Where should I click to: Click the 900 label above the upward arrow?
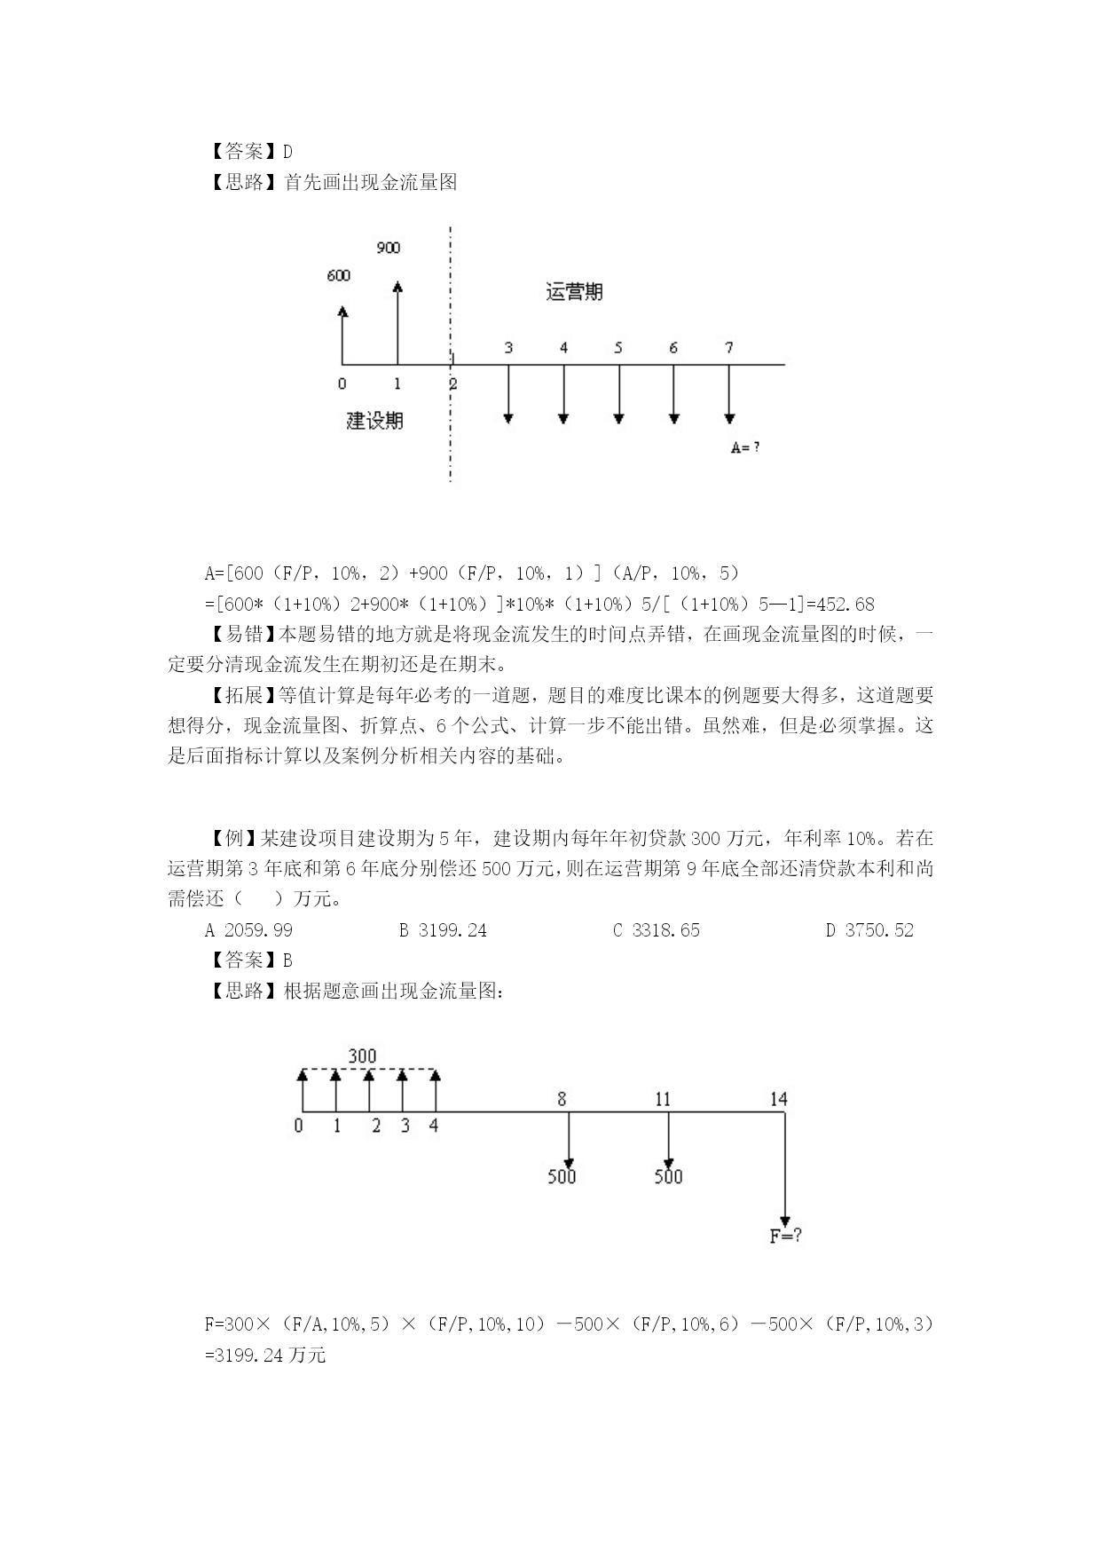pos(388,248)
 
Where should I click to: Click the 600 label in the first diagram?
pos(338,275)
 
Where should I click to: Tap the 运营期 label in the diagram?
pos(574,292)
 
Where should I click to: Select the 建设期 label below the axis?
pos(374,420)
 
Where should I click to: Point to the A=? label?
pos(744,448)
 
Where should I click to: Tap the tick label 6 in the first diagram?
pos(673,348)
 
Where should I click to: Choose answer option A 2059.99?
pos(248,930)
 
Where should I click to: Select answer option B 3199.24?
pos(443,930)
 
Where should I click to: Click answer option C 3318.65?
pos(657,930)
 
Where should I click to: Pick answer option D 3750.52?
pos(869,930)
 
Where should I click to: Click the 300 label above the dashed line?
pos(362,1056)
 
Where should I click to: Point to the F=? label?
pos(785,1236)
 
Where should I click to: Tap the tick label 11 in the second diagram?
pos(663,1099)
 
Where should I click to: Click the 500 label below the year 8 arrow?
pos(562,1177)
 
